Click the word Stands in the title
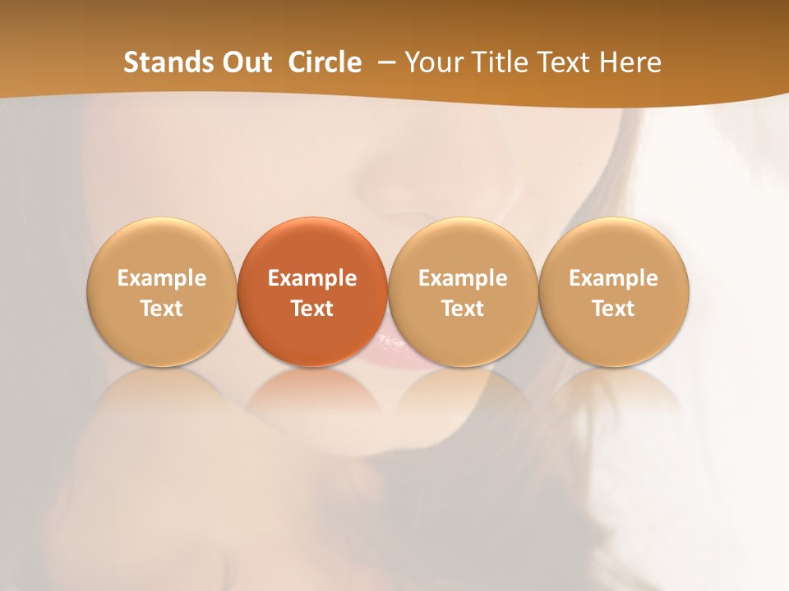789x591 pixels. pos(169,62)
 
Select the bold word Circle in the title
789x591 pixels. pos(325,62)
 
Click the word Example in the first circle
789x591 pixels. pos(162,278)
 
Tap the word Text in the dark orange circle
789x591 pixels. pos(312,309)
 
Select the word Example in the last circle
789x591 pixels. pos(614,278)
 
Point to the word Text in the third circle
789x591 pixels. pos(463,309)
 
